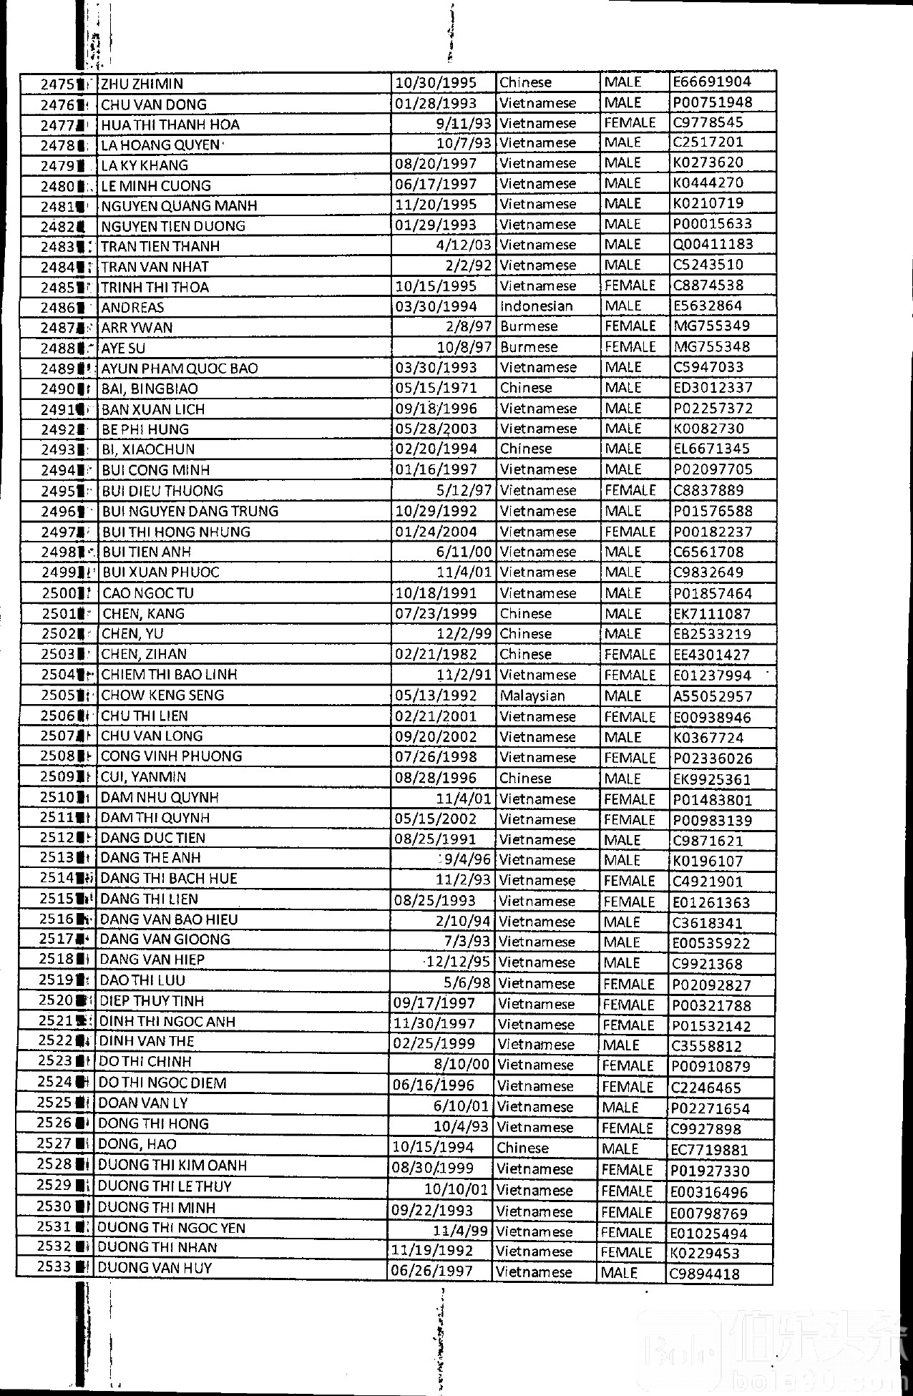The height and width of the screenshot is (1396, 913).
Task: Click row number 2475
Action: pos(57,84)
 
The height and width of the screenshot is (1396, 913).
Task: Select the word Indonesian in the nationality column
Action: pos(536,306)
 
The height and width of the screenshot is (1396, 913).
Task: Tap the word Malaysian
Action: pos(532,695)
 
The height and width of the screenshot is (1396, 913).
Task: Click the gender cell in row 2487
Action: pos(630,326)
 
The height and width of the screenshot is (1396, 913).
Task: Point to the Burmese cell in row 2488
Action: pos(529,347)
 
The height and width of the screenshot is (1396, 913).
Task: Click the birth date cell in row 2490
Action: pos(436,388)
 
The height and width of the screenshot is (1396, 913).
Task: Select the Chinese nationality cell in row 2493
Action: pos(526,449)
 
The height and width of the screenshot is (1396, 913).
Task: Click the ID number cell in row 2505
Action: pos(712,696)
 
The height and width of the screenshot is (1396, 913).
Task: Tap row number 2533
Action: pos(54,1266)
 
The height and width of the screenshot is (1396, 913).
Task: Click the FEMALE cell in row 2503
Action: pos(630,655)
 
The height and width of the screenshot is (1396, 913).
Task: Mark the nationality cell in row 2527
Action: pos(522,1148)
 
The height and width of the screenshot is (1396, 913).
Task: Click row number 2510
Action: pos(57,797)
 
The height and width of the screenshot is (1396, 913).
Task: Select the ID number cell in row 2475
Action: pos(712,82)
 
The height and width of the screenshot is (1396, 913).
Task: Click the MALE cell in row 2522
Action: pos(620,1045)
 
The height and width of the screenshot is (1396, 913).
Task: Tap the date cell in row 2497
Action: pos(436,532)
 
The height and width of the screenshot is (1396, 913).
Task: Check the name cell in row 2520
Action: pos(152,1001)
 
